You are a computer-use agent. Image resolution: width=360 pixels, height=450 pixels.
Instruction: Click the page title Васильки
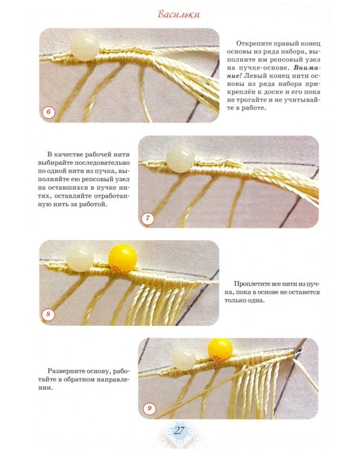[179, 14]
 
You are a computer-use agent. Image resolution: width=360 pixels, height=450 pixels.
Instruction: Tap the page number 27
[179, 430]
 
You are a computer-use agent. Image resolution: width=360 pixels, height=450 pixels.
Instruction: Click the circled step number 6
[48, 112]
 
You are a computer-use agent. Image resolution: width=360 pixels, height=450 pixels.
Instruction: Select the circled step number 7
[148, 218]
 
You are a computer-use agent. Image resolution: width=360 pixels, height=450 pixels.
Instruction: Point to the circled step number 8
[48, 314]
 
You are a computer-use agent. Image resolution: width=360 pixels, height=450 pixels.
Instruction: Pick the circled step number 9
[149, 409]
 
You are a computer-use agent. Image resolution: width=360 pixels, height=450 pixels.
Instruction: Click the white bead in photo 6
[85, 47]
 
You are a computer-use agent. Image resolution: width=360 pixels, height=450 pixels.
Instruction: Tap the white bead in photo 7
[180, 159]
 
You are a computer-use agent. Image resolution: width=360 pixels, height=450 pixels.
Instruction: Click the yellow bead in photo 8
[122, 258]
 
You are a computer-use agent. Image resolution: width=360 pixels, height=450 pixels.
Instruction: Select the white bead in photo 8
[80, 258]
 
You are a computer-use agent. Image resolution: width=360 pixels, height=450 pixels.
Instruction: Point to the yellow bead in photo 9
[220, 350]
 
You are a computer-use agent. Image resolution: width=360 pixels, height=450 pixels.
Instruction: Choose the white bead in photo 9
[184, 358]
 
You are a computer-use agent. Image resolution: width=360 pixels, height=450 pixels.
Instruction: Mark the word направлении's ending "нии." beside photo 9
[46, 388]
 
